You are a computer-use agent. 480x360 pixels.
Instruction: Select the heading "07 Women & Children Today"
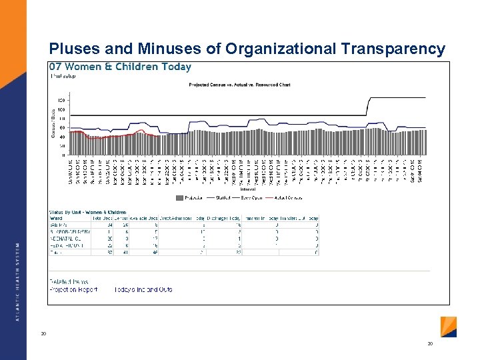pyautogui.click(x=120, y=67)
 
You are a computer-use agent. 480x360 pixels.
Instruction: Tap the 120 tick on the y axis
pyautogui.click(x=61, y=100)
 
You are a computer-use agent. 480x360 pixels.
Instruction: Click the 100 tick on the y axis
pyautogui.click(x=61, y=109)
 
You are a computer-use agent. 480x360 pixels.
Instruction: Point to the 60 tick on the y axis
pyautogui.click(x=62, y=127)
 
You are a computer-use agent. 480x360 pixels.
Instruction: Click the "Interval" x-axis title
pyautogui.click(x=239, y=189)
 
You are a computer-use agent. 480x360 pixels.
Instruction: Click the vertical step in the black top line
pyautogui.click(x=369, y=107)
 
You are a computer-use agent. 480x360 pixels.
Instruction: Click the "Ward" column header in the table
pyautogui.click(x=57, y=219)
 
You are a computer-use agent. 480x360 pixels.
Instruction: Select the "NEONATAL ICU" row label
pyautogui.click(x=65, y=238)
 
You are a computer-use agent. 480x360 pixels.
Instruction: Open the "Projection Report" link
pyautogui.click(x=73, y=289)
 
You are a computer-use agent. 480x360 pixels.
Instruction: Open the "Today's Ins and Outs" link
pyautogui.click(x=143, y=289)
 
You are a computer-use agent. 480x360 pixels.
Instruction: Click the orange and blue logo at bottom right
pyautogui.click(x=449, y=327)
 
